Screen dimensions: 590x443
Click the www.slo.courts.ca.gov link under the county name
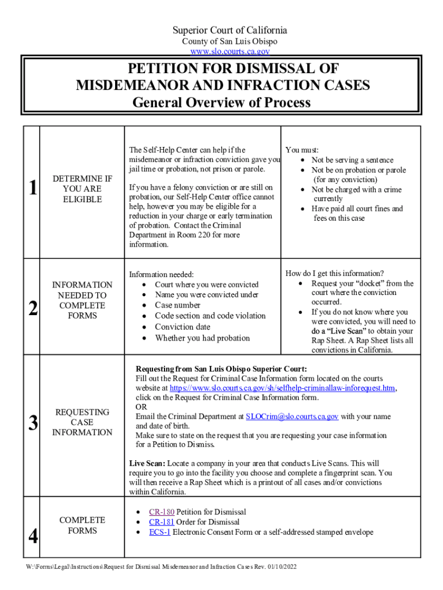(x=222, y=51)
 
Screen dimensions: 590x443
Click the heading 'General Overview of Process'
(x=221, y=103)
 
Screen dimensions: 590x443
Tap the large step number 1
(x=32, y=188)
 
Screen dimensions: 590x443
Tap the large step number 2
(x=32, y=309)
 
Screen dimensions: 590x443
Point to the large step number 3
(x=32, y=423)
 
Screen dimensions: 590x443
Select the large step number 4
(x=32, y=536)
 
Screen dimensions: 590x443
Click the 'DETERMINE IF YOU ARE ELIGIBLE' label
(x=82, y=189)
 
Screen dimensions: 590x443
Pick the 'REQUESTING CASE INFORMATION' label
(x=82, y=422)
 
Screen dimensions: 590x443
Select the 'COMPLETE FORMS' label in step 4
(x=82, y=525)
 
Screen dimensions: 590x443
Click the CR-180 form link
(x=161, y=512)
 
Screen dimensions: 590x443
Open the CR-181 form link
(x=161, y=522)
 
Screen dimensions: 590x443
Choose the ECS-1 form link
(x=159, y=532)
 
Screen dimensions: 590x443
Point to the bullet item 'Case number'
(x=178, y=305)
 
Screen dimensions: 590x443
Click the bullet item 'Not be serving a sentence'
(x=352, y=160)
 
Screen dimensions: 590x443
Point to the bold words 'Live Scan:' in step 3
(x=147, y=463)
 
